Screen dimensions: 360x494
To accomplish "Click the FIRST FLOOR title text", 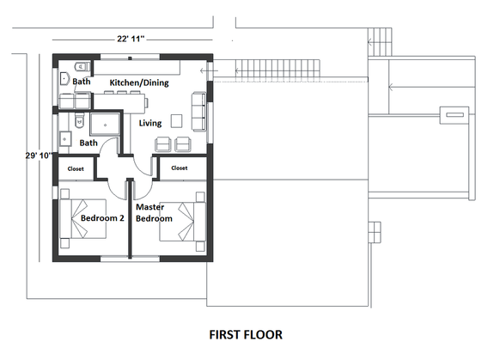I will click(x=246, y=333).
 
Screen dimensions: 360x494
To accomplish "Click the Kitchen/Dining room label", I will click(x=138, y=82).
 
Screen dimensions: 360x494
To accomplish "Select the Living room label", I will click(x=150, y=124).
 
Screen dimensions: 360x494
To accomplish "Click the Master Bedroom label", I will click(x=155, y=212).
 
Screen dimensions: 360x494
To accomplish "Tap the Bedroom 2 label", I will click(x=102, y=218).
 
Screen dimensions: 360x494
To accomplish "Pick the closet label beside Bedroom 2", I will click(x=76, y=169).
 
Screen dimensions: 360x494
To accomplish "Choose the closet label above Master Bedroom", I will click(x=179, y=168).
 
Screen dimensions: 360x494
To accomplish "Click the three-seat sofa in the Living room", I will click(x=199, y=108).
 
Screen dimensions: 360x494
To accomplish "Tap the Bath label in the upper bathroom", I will click(x=81, y=82).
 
